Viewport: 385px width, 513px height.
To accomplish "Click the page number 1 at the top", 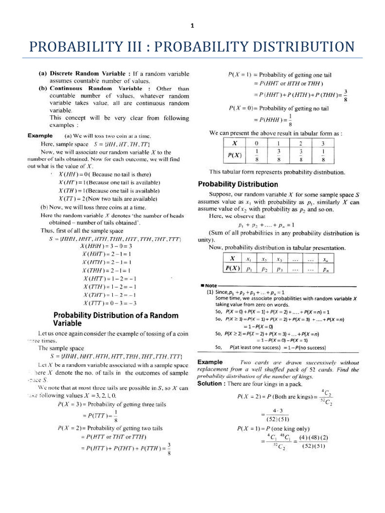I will [x=192, y=26].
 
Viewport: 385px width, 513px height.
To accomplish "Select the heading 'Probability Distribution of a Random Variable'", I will [x=116, y=319].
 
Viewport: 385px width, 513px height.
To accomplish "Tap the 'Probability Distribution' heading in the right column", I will [x=238, y=184].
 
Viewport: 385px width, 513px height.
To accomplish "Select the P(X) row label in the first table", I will [x=234, y=155].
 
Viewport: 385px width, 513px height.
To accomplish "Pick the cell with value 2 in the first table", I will [x=301, y=143].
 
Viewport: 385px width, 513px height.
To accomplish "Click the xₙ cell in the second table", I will [x=326, y=259].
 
